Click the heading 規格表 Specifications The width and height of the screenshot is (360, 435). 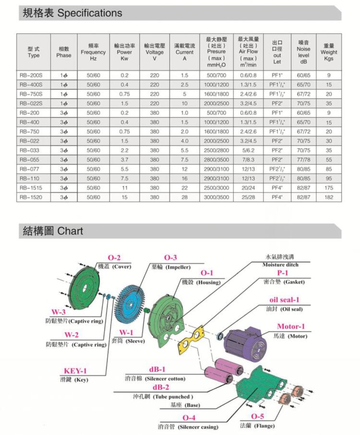72,13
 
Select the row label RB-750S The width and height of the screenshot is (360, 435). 33,94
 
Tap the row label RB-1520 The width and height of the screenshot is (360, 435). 33,197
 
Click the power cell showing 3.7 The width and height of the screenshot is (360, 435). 125,159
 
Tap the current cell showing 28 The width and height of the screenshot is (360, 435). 184,197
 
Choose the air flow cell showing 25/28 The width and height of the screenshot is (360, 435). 248,197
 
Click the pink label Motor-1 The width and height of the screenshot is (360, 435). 290,327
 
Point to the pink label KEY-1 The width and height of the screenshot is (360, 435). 75,371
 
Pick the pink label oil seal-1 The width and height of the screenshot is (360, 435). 284,300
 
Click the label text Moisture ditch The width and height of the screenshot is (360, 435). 280,265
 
